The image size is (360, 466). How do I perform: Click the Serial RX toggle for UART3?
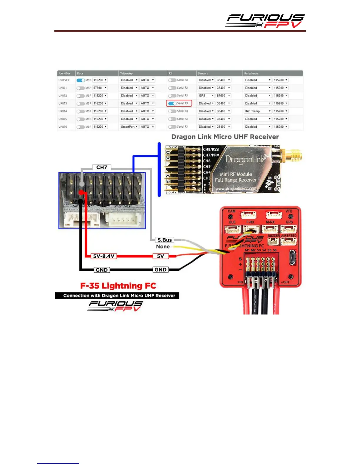click(172, 103)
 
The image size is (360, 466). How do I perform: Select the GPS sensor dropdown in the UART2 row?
click(206, 96)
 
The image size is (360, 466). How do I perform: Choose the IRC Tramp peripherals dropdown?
click(258, 111)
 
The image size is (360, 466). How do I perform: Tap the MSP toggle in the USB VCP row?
click(81, 80)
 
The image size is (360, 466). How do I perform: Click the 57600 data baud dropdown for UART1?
click(100, 88)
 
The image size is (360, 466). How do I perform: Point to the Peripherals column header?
click(251, 74)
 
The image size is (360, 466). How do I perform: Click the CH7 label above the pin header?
click(102, 167)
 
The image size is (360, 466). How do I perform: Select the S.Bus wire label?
click(164, 240)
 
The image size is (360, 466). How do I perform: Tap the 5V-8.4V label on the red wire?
click(104, 256)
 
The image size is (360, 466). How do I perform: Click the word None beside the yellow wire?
click(163, 247)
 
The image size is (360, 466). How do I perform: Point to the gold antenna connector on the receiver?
click(291, 156)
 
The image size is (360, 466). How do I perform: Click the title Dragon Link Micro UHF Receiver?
click(225, 137)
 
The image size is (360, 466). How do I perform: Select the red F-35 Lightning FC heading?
click(118, 286)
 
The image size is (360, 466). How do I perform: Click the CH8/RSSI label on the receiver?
click(211, 149)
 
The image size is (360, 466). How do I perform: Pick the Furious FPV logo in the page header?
click(265, 21)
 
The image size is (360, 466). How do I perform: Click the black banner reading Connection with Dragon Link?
click(117, 296)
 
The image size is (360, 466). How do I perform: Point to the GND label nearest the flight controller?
click(161, 270)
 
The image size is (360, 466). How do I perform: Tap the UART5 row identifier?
click(63, 119)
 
